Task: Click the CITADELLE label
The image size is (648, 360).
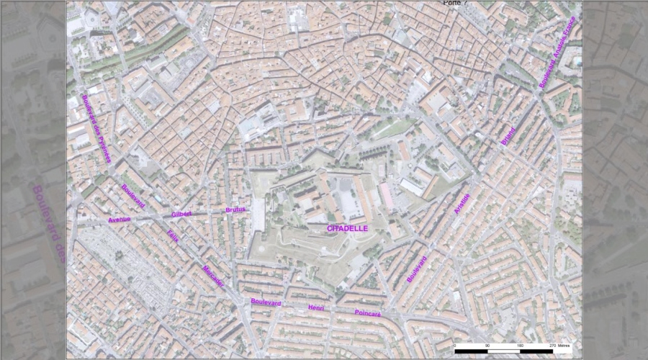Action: (347, 228)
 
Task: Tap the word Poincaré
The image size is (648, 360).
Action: (368, 313)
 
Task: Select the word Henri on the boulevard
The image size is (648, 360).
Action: (317, 308)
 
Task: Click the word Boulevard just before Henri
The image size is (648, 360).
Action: (265, 303)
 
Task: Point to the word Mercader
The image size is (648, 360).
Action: (213, 276)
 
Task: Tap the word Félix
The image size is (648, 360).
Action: (173, 235)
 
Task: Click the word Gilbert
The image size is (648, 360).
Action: (181, 214)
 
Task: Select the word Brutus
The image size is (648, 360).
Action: (235, 210)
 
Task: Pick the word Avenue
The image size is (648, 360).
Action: (119, 219)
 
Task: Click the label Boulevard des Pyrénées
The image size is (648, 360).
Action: (96, 129)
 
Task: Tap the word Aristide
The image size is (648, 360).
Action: (462, 204)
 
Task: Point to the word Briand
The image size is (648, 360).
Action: (508, 136)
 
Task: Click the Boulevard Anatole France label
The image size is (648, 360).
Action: (558, 53)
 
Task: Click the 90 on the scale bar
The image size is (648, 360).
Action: (487, 346)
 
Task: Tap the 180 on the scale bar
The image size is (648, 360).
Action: (520, 346)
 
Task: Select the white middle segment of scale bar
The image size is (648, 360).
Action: (503, 351)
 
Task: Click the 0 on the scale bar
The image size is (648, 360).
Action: (455, 346)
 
